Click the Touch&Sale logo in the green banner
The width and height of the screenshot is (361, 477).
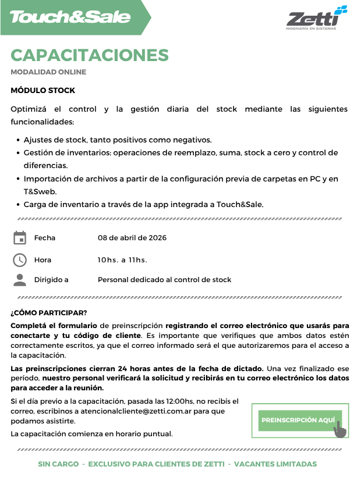tap(70, 17)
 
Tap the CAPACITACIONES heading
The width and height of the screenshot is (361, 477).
tap(90, 55)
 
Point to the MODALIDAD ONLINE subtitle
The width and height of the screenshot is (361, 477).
tap(48, 72)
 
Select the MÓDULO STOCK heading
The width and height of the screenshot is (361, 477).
tap(43, 91)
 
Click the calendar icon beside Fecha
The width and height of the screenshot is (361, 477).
tap(20, 238)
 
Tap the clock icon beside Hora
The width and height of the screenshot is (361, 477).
tap(20, 259)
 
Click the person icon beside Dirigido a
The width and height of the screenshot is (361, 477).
tap(20, 280)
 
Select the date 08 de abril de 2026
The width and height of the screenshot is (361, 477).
tap(132, 238)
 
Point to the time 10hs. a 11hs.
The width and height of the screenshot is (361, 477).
tap(122, 259)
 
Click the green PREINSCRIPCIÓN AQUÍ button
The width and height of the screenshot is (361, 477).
tap(298, 420)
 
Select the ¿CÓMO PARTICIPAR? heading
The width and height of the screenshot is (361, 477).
tap(49, 312)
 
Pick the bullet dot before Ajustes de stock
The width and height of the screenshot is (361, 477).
tap(17, 140)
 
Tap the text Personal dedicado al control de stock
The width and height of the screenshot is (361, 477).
tap(164, 280)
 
